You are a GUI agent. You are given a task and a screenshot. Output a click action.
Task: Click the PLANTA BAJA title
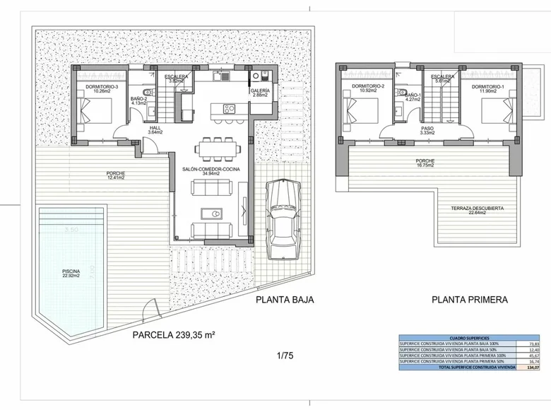tap(284, 300)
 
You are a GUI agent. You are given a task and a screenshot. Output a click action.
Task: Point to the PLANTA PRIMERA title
tap(470, 300)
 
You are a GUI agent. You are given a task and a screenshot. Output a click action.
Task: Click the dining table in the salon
tap(218, 147)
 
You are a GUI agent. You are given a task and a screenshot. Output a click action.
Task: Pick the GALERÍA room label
tap(259, 93)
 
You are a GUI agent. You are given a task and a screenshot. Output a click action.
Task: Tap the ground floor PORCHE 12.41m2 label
tap(117, 174)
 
